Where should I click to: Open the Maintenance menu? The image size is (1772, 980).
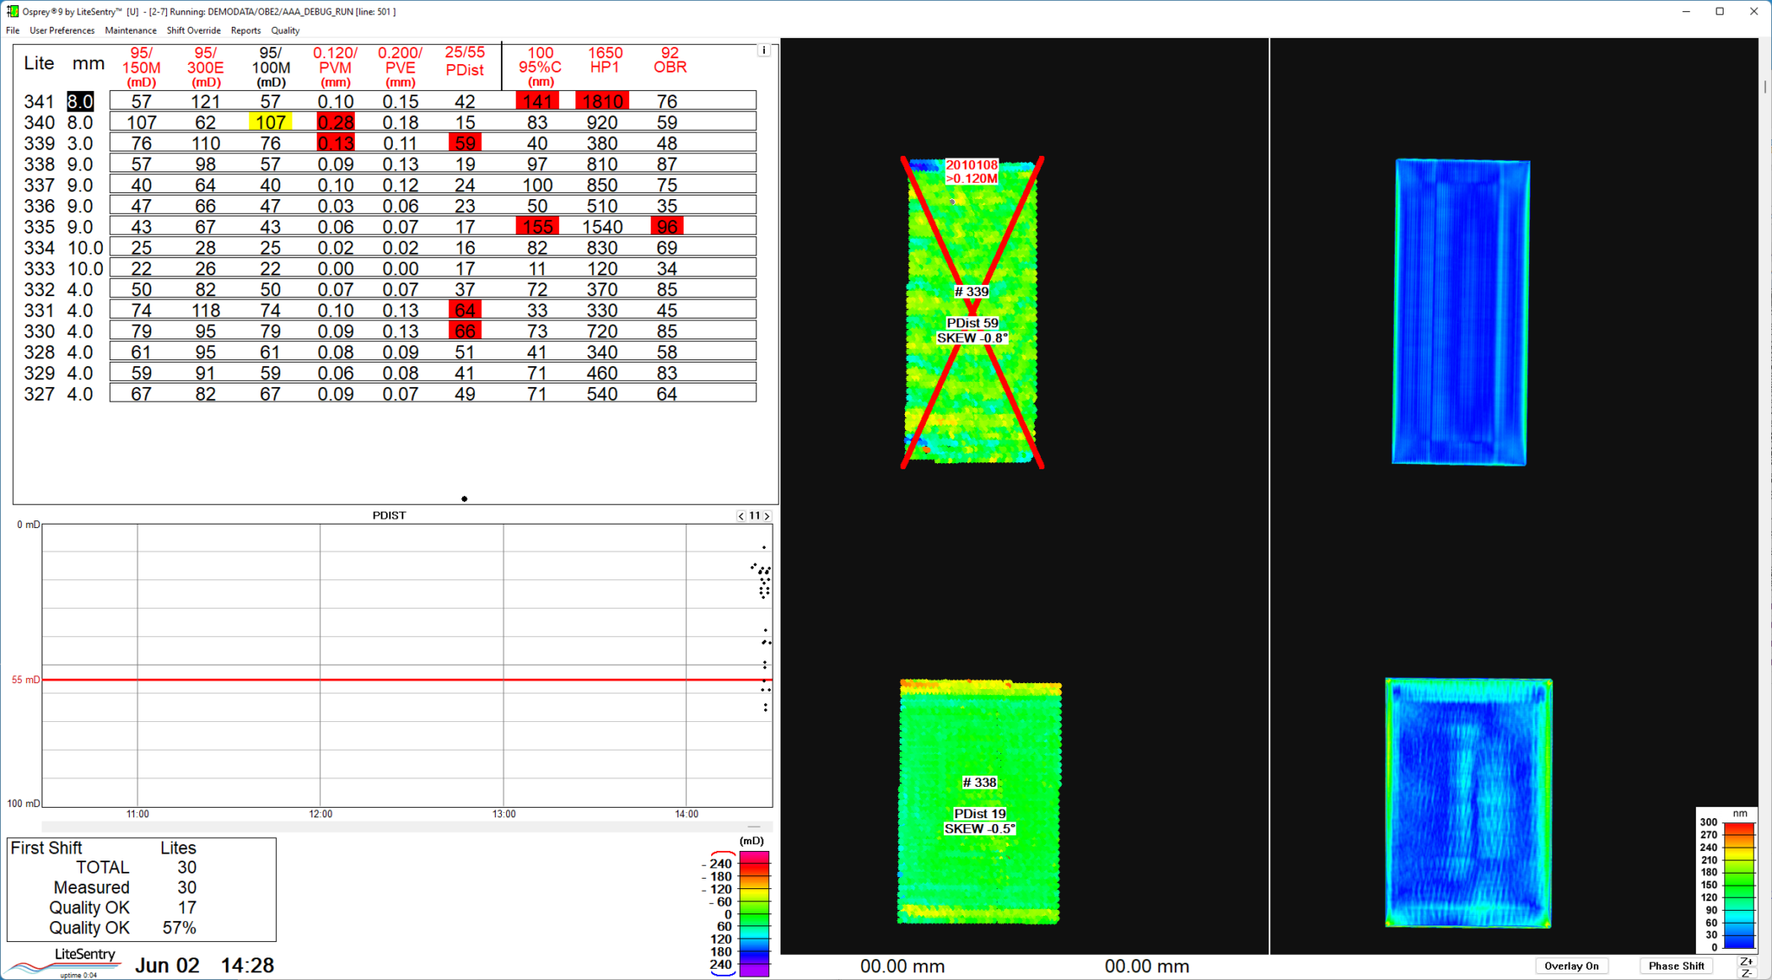131,30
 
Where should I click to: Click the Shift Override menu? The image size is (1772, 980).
194,30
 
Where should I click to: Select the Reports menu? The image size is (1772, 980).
246,30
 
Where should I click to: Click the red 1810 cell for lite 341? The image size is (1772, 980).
602,101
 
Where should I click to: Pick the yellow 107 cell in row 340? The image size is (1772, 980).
270,122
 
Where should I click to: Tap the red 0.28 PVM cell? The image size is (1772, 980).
336,122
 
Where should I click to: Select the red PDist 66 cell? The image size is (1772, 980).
465,331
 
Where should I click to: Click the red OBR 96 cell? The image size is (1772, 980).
667,227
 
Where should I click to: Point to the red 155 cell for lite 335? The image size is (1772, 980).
537,227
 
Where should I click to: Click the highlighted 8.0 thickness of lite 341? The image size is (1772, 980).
80,101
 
